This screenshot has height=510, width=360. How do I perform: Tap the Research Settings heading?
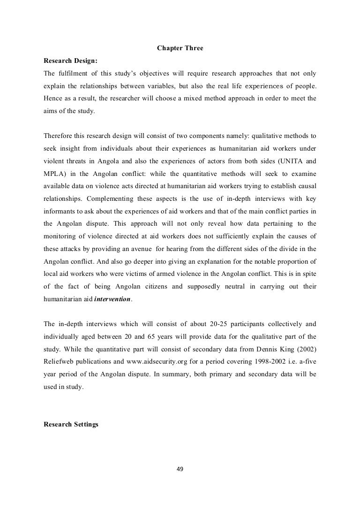point(71,425)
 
